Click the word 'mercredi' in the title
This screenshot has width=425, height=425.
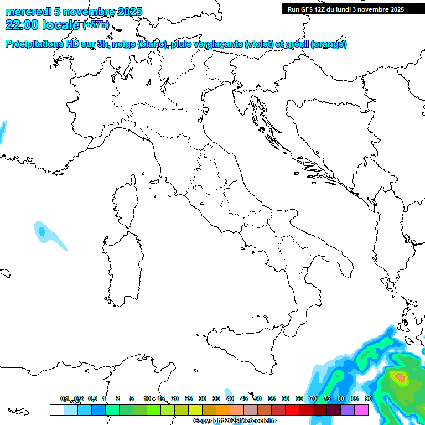(x=28, y=12)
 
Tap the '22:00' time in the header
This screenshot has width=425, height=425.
(x=22, y=24)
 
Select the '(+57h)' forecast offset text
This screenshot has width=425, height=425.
(x=96, y=25)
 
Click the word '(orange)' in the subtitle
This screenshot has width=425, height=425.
(x=329, y=44)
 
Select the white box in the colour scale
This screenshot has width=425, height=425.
(x=56, y=410)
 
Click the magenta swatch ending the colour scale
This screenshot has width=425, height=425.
(x=361, y=410)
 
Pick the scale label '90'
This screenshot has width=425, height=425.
(x=369, y=398)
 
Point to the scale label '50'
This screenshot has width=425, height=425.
(x=258, y=398)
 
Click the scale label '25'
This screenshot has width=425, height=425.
(x=189, y=398)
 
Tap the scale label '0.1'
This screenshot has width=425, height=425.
(x=65, y=398)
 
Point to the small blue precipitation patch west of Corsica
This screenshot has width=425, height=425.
(x=42, y=231)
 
